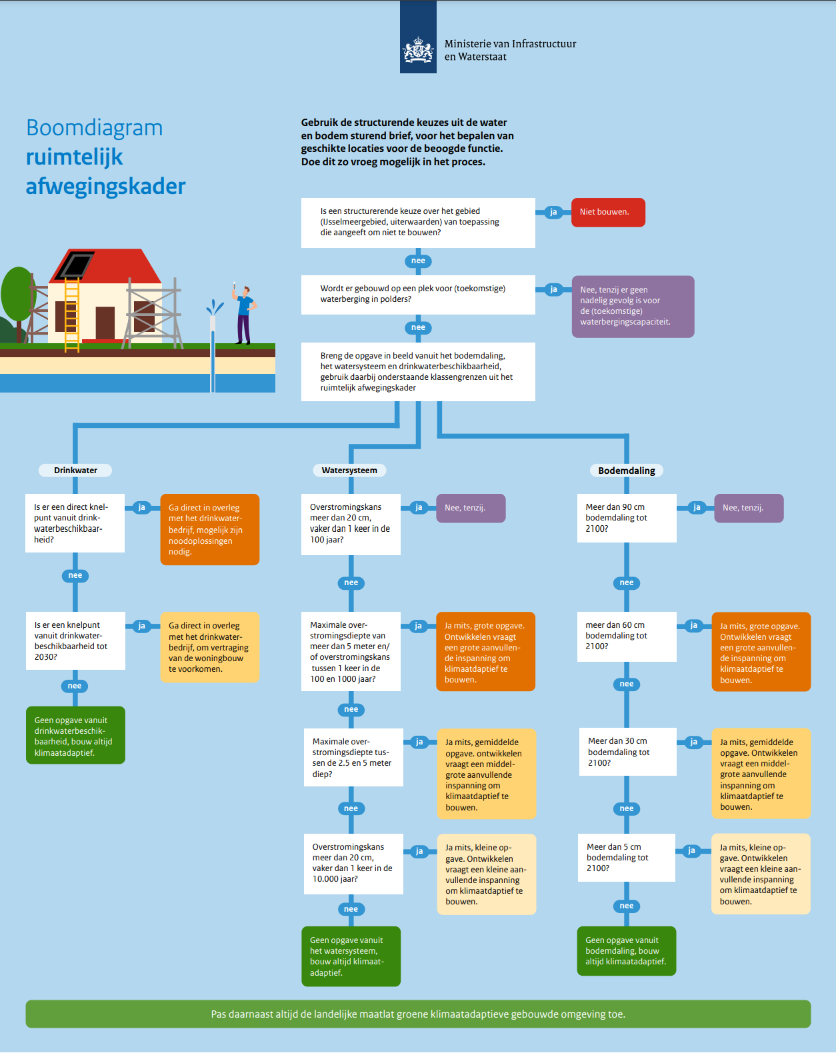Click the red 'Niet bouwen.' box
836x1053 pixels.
[x=608, y=213]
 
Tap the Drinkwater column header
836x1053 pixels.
[x=75, y=471]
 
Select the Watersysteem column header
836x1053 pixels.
[x=349, y=471]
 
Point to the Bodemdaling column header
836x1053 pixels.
[x=627, y=471]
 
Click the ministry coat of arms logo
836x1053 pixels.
[x=418, y=50]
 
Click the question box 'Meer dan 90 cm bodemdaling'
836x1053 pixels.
[x=627, y=519]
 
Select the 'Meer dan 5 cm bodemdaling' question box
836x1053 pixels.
[x=627, y=858]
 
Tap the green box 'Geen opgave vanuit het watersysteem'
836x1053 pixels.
[x=351, y=956]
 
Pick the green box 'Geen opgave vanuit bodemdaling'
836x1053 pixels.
[x=627, y=951]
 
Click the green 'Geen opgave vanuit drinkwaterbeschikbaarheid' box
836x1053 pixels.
[x=75, y=735]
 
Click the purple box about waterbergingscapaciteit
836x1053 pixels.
[x=633, y=307]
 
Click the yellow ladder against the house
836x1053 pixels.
[x=72, y=314]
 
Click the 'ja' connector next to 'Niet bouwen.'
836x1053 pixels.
[x=553, y=213]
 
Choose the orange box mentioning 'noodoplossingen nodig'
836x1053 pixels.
[x=210, y=529]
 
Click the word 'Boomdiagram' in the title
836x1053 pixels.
[x=95, y=128]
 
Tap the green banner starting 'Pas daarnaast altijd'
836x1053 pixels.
[x=418, y=1014]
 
